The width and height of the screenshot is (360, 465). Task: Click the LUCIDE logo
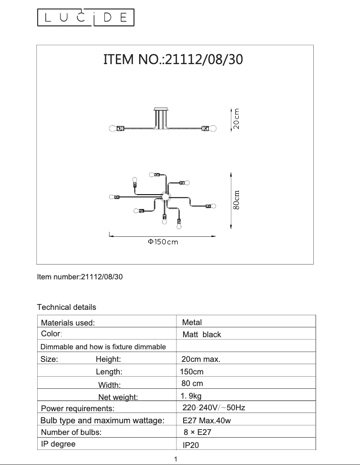pyautogui.click(x=85, y=18)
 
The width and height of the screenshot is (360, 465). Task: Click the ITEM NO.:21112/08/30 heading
pyautogui.click(x=173, y=60)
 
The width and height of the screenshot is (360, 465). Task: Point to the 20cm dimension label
pyautogui.click(x=236, y=119)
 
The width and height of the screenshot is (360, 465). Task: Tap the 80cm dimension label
pyautogui.click(x=237, y=200)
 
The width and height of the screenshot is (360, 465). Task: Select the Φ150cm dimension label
pyautogui.click(x=163, y=242)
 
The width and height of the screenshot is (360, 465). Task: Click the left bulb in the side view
pyautogui.click(x=113, y=128)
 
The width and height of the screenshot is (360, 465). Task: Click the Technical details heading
pyautogui.click(x=66, y=307)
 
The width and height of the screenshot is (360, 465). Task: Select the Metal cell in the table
pyautogui.click(x=192, y=322)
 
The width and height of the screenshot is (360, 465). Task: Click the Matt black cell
pyautogui.click(x=202, y=335)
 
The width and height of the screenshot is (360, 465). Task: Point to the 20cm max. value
pyautogui.click(x=201, y=359)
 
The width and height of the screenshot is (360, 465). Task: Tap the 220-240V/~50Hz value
pyautogui.click(x=214, y=408)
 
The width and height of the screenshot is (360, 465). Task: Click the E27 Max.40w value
pyautogui.click(x=206, y=421)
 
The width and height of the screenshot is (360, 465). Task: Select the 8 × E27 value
pyautogui.click(x=198, y=432)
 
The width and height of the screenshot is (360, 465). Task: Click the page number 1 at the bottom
pyautogui.click(x=176, y=459)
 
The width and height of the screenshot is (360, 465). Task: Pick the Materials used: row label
pyautogui.click(x=68, y=322)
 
